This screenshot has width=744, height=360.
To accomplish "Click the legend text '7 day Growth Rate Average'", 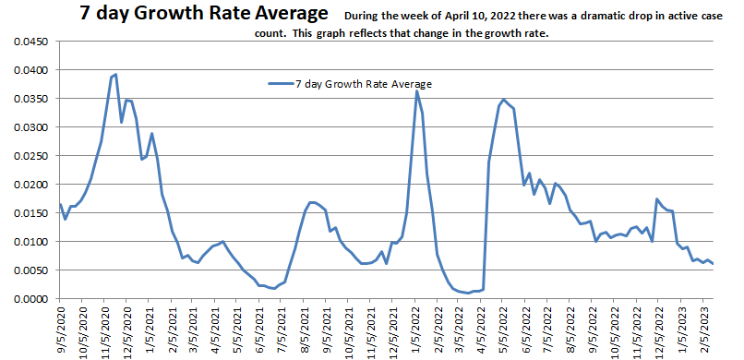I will (x=364, y=84).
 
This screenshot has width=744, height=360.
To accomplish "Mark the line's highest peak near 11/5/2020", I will (x=115, y=75).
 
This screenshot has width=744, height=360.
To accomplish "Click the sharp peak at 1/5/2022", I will (x=416, y=90).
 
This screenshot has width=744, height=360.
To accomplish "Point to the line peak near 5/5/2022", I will (x=503, y=100).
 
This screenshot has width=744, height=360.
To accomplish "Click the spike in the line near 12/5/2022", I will (x=656, y=199).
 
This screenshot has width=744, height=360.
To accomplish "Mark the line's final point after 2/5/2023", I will (x=714, y=264).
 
